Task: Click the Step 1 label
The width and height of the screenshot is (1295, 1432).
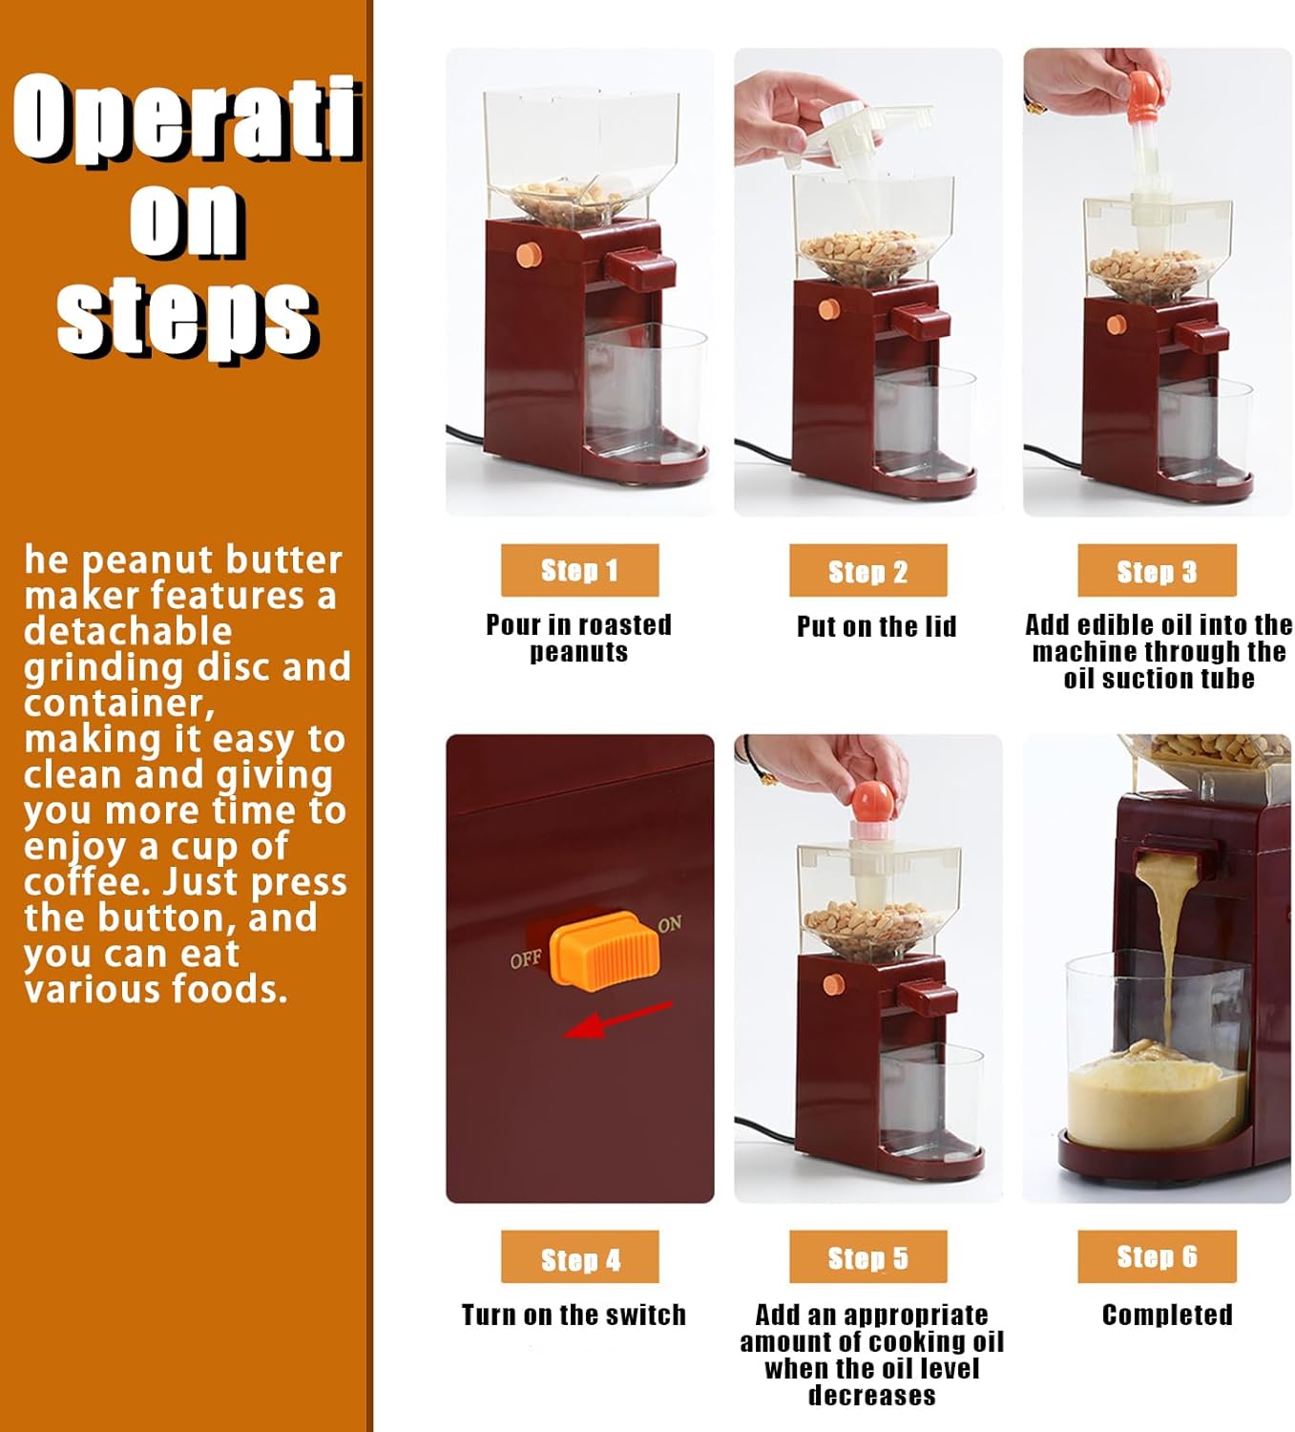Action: click(x=579, y=570)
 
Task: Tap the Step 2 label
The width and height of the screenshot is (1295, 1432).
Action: click(x=867, y=571)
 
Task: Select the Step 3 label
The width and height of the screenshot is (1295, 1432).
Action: click(x=1156, y=571)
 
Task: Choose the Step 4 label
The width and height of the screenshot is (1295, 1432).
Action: click(x=579, y=1258)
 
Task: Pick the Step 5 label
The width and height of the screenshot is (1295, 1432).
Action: click(x=867, y=1257)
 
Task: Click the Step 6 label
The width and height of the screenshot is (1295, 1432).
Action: click(x=1156, y=1256)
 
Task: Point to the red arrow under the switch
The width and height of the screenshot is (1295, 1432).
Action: click(x=617, y=1021)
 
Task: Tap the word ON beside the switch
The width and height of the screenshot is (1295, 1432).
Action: click(x=670, y=923)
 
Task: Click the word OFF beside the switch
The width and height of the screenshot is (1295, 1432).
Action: click(x=525, y=958)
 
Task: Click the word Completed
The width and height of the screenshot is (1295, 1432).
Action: click(x=1166, y=1315)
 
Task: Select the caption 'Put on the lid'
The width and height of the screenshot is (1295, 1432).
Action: click(x=876, y=626)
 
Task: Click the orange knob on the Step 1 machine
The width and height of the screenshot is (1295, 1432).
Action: click(x=529, y=255)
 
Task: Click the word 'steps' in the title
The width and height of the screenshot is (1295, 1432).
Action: click(x=186, y=317)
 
